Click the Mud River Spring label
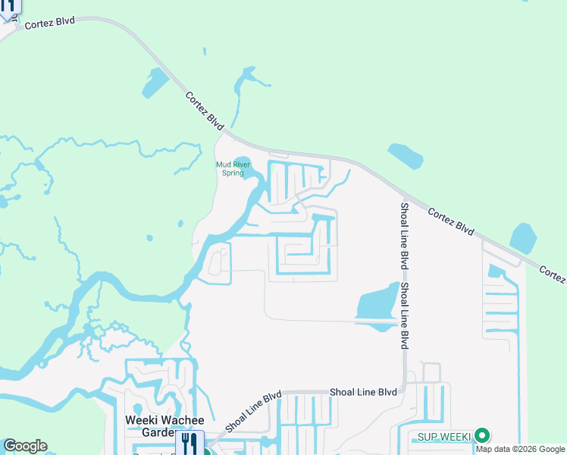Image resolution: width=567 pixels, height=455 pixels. point(233,168)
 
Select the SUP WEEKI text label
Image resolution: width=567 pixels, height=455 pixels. point(444,437)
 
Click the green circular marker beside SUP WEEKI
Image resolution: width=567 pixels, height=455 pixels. point(481,436)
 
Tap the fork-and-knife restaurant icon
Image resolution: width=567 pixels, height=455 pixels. point(189,443)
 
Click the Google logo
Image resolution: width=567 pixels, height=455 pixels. point(25,446)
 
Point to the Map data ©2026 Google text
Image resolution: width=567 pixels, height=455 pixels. point(521,449)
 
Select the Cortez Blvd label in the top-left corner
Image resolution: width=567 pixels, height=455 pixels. point(49,23)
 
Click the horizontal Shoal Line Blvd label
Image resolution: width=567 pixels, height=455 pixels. point(363,392)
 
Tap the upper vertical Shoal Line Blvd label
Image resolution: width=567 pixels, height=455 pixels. point(405,235)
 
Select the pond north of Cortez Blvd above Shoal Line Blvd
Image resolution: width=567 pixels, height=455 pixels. point(406,155)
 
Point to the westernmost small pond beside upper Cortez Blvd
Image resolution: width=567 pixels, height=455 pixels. point(155,82)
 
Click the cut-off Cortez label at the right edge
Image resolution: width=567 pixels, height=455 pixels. point(554,275)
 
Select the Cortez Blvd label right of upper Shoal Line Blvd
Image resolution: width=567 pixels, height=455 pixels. point(451,220)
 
